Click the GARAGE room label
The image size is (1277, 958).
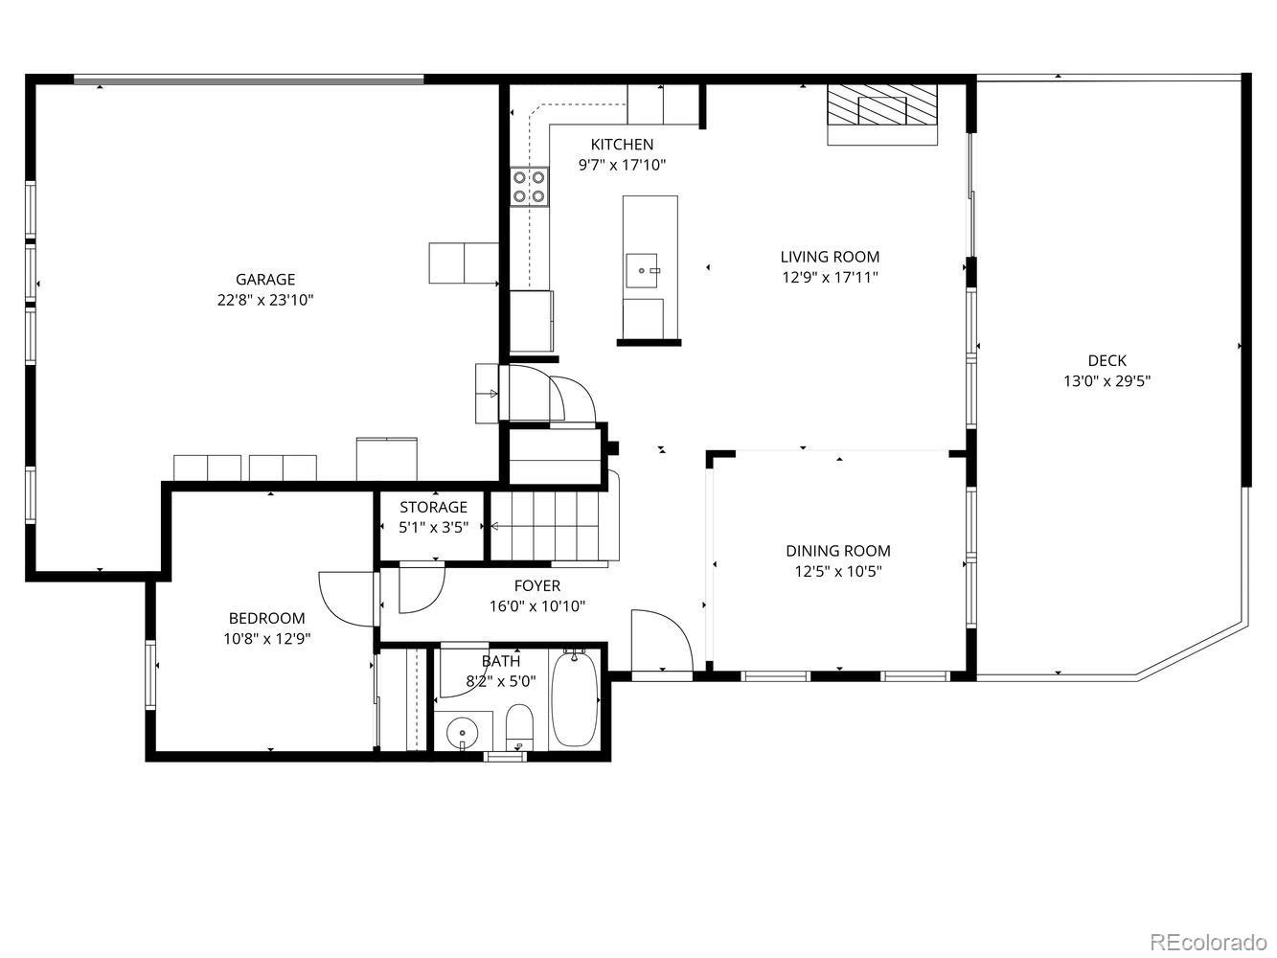(265, 280)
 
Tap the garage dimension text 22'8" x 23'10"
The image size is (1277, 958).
(265, 300)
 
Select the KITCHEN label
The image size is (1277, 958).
(622, 145)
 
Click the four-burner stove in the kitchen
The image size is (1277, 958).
(529, 187)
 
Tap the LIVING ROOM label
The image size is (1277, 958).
(830, 257)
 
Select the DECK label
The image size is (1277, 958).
(1106, 361)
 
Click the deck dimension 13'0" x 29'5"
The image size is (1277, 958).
(1106, 381)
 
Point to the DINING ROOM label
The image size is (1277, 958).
(838, 551)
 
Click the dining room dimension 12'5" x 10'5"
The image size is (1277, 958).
(838, 572)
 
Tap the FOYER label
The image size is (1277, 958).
(537, 585)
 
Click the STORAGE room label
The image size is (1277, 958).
(433, 507)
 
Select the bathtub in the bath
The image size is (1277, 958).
(575, 699)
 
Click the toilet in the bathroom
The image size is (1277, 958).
(518, 728)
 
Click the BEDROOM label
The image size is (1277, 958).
(266, 619)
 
